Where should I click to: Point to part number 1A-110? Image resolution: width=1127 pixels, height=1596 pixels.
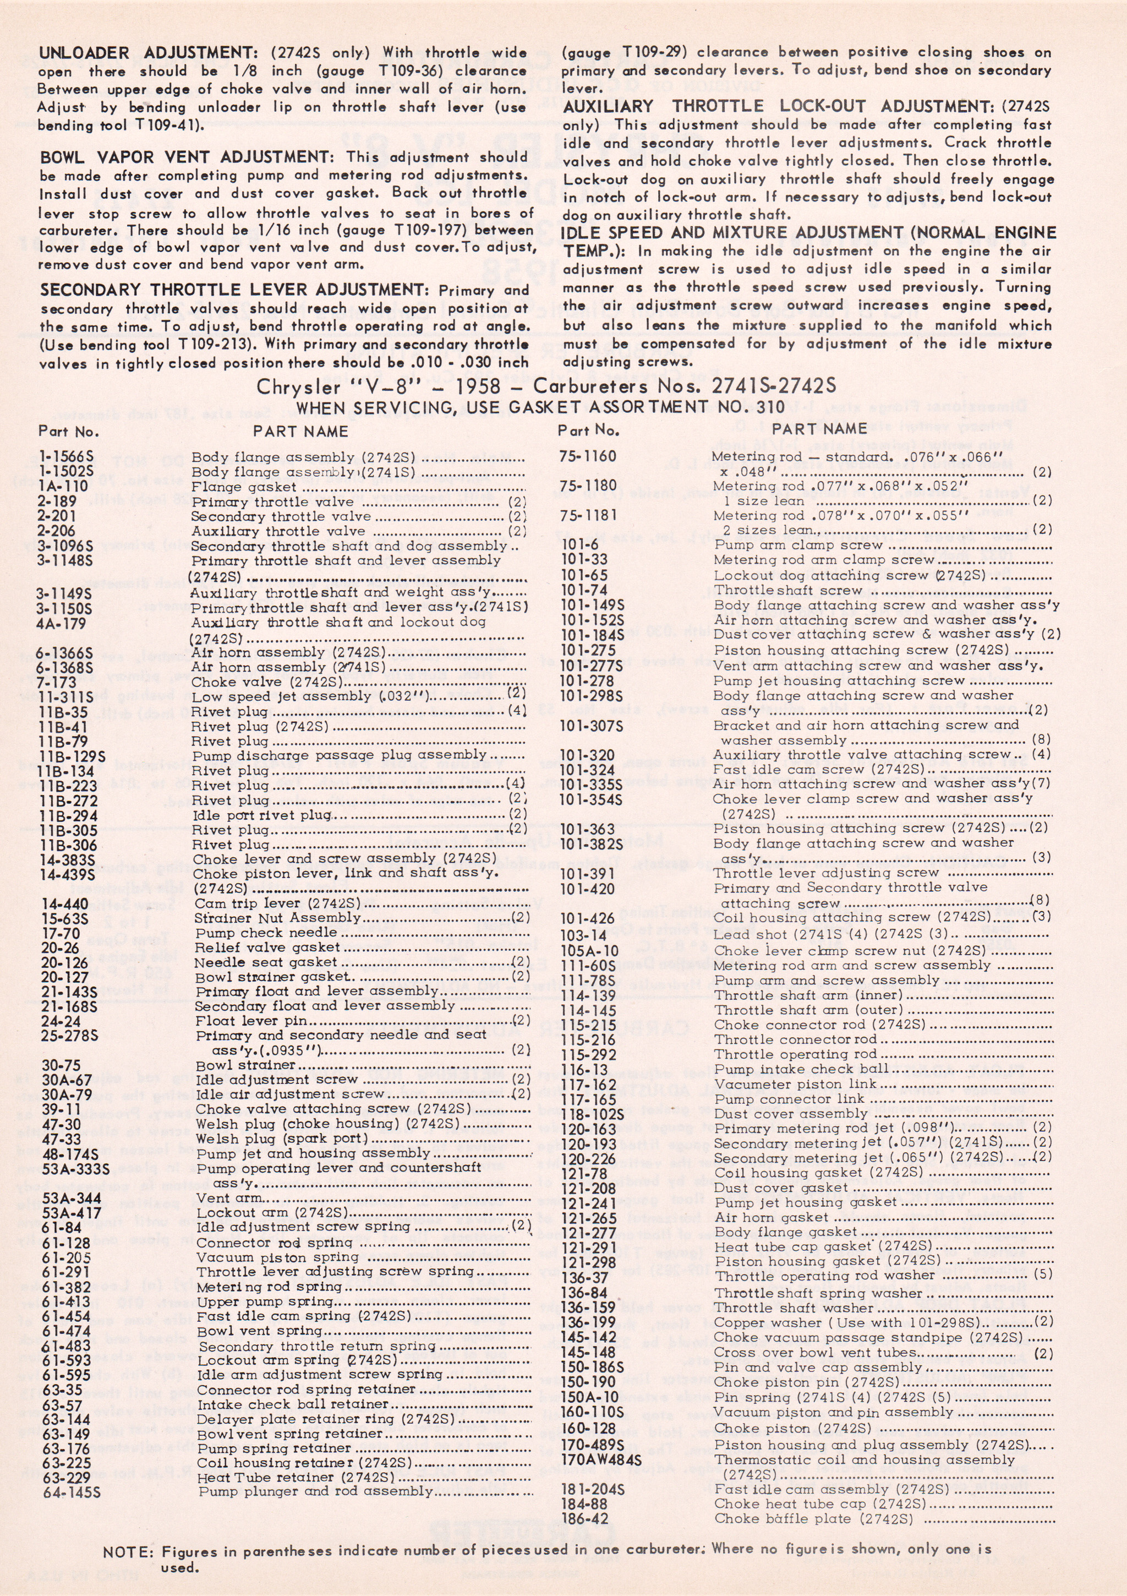coord(63,486)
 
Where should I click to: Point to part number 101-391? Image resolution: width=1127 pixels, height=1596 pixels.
coord(587,873)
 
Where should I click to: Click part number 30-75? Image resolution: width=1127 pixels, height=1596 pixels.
coord(61,1065)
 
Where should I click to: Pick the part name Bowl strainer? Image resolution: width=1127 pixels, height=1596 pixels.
coord(245,1065)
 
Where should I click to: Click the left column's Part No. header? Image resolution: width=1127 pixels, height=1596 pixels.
coord(68,432)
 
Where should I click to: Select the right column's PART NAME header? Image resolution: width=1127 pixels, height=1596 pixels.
coord(819,429)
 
